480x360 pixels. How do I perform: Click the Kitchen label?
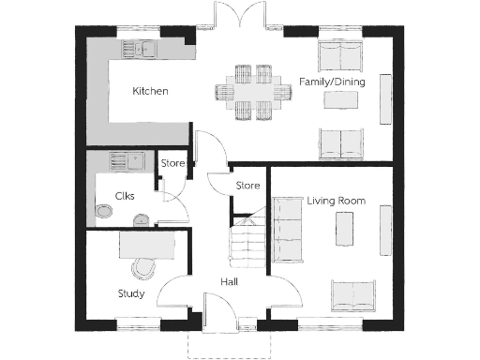coord(150,92)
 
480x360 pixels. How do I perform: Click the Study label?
coord(130,292)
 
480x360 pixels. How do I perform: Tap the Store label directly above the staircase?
coord(247,186)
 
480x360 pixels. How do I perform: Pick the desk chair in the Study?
coord(142,267)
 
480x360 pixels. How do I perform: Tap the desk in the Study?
coord(146,244)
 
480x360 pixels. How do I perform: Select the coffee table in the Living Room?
coord(343,229)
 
